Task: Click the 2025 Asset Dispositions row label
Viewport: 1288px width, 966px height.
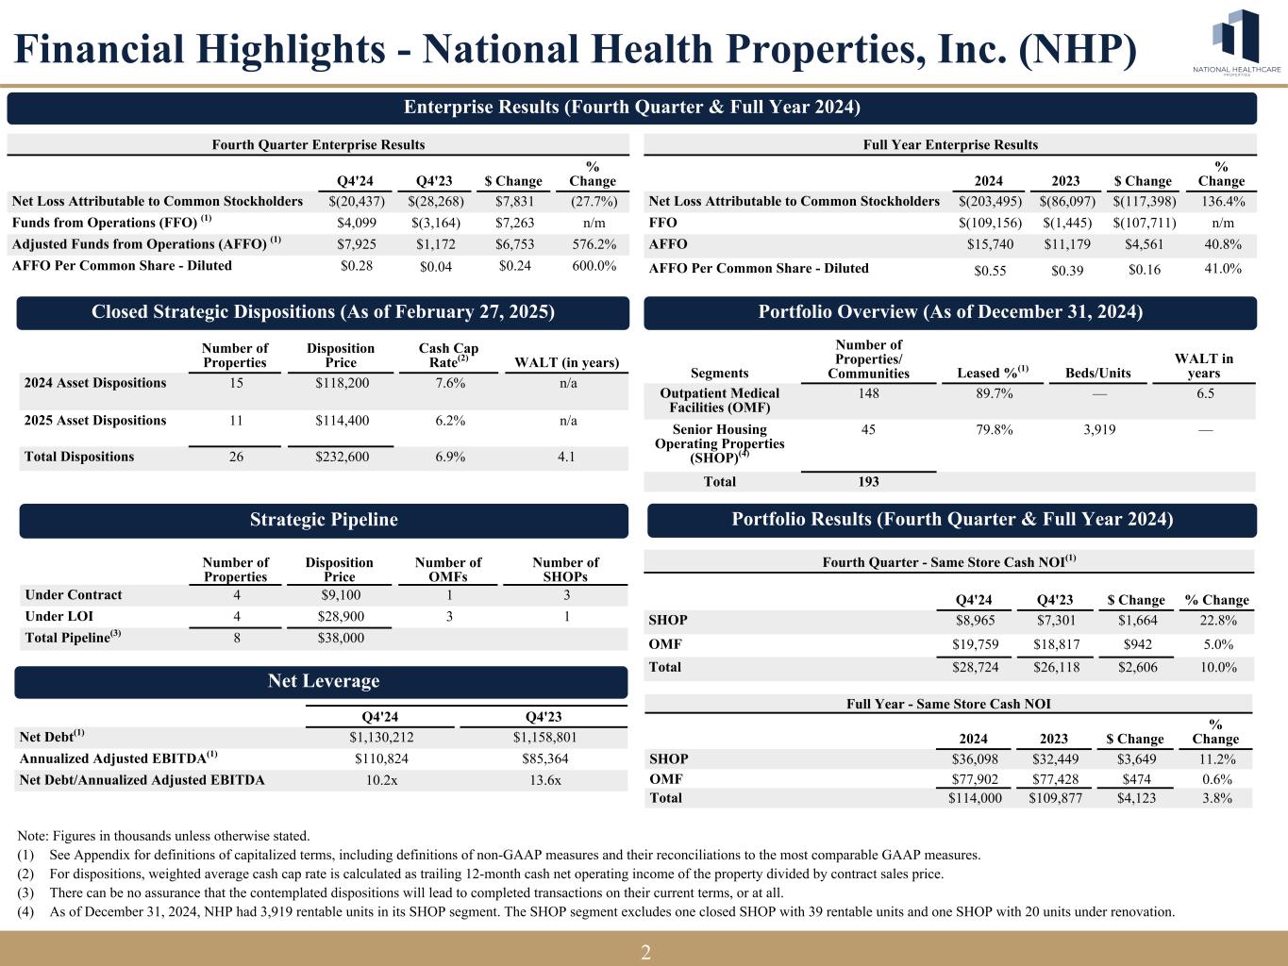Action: [95, 421]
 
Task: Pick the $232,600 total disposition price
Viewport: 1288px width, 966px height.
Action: [341, 457]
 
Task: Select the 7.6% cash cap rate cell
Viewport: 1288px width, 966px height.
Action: [448, 383]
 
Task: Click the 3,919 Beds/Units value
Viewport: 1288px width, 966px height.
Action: [1097, 430]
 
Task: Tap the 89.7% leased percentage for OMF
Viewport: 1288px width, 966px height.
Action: [994, 393]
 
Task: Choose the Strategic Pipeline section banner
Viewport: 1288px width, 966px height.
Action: [324, 520]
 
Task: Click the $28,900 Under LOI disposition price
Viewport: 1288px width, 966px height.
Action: [339, 616]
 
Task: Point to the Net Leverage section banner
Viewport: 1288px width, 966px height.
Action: [324, 681]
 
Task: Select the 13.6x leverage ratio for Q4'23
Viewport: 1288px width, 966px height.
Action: [543, 780]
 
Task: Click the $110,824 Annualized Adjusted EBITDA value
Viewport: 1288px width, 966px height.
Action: [381, 758]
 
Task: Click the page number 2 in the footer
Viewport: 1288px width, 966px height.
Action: [645, 952]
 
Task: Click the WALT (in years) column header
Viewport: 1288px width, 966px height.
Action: [566, 363]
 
